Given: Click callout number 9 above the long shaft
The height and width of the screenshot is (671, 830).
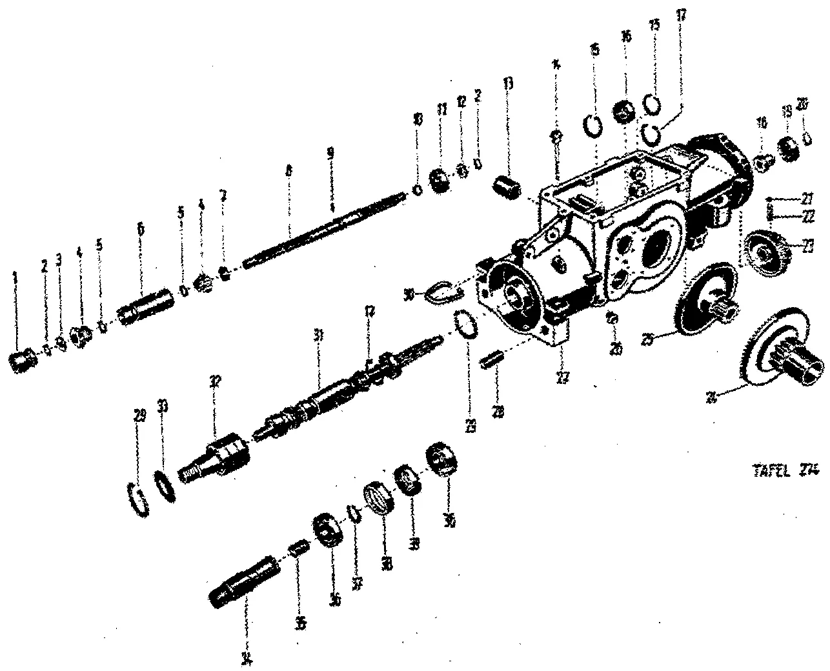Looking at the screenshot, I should click(330, 154).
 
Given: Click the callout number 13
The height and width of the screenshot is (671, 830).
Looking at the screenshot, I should click(509, 85).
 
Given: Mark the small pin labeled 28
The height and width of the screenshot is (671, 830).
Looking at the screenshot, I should click(491, 359).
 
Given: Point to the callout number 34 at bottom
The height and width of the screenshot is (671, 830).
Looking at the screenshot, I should click(246, 659).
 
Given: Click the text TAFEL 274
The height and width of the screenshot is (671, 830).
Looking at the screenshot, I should click(782, 472).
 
